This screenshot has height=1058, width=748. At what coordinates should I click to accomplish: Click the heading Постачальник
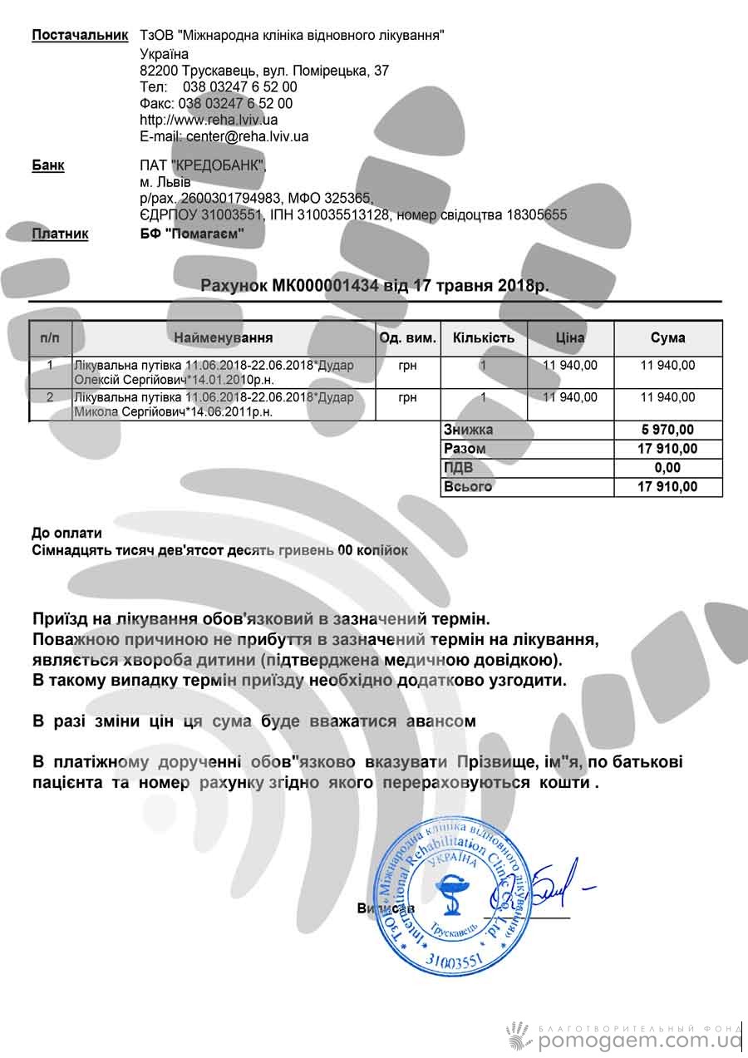(x=80, y=35)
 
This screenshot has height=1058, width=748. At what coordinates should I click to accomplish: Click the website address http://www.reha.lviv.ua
(x=209, y=120)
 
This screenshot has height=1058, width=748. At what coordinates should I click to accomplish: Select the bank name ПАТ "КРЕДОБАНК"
(x=204, y=165)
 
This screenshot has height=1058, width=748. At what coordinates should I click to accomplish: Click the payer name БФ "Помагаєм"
(x=192, y=234)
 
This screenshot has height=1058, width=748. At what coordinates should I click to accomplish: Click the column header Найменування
(x=224, y=338)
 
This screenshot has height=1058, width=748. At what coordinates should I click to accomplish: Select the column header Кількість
(x=484, y=338)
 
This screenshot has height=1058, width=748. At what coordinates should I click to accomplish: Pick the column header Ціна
(x=570, y=338)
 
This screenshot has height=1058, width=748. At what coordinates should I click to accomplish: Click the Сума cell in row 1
(x=668, y=364)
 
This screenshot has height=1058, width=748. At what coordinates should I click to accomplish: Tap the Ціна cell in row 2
(x=570, y=397)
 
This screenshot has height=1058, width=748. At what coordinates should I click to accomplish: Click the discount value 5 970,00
(x=668, y=430)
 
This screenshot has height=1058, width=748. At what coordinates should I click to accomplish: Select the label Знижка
(x=468, y=430)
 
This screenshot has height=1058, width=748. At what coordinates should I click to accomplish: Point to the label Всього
(x=468, y=487)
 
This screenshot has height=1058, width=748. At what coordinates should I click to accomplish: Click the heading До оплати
(x=66, y=533)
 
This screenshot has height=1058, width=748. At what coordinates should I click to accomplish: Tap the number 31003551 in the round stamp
(x=453, y=959)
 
